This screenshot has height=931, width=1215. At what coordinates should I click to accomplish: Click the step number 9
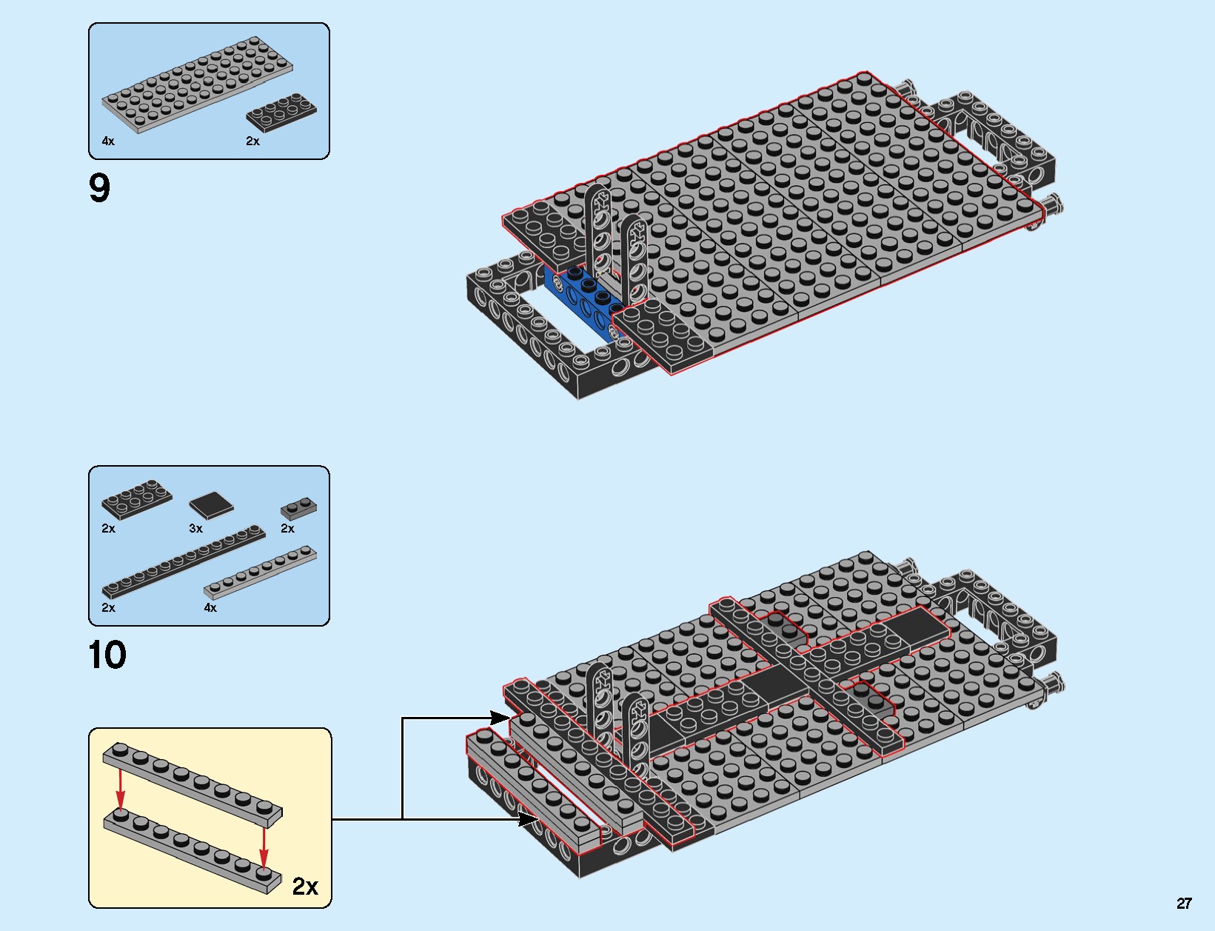coord(99,188)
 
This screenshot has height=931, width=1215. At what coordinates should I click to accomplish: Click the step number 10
coord(107,655)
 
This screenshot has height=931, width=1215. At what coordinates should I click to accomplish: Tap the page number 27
coord(1184,903)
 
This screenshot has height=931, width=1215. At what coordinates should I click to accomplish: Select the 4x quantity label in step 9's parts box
coord(108,141)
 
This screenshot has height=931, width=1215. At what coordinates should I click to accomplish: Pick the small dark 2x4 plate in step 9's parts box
coord(281,113)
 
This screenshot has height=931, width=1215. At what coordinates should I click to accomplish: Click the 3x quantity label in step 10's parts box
coord(195,528)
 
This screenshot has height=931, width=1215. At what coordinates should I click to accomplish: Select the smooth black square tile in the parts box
coord(211,505)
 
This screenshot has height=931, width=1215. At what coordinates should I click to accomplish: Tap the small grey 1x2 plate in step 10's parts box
coord(299,508)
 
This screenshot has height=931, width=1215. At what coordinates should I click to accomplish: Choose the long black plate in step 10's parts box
coord(183,561)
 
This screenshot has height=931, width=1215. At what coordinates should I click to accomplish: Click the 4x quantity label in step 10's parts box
coord(210,607)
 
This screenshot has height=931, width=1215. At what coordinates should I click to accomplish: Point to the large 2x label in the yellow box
coord(305,886)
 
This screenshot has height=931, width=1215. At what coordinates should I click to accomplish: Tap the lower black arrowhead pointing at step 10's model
coord(529,818)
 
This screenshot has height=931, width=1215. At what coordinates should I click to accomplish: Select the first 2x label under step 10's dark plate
coord(108,528)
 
